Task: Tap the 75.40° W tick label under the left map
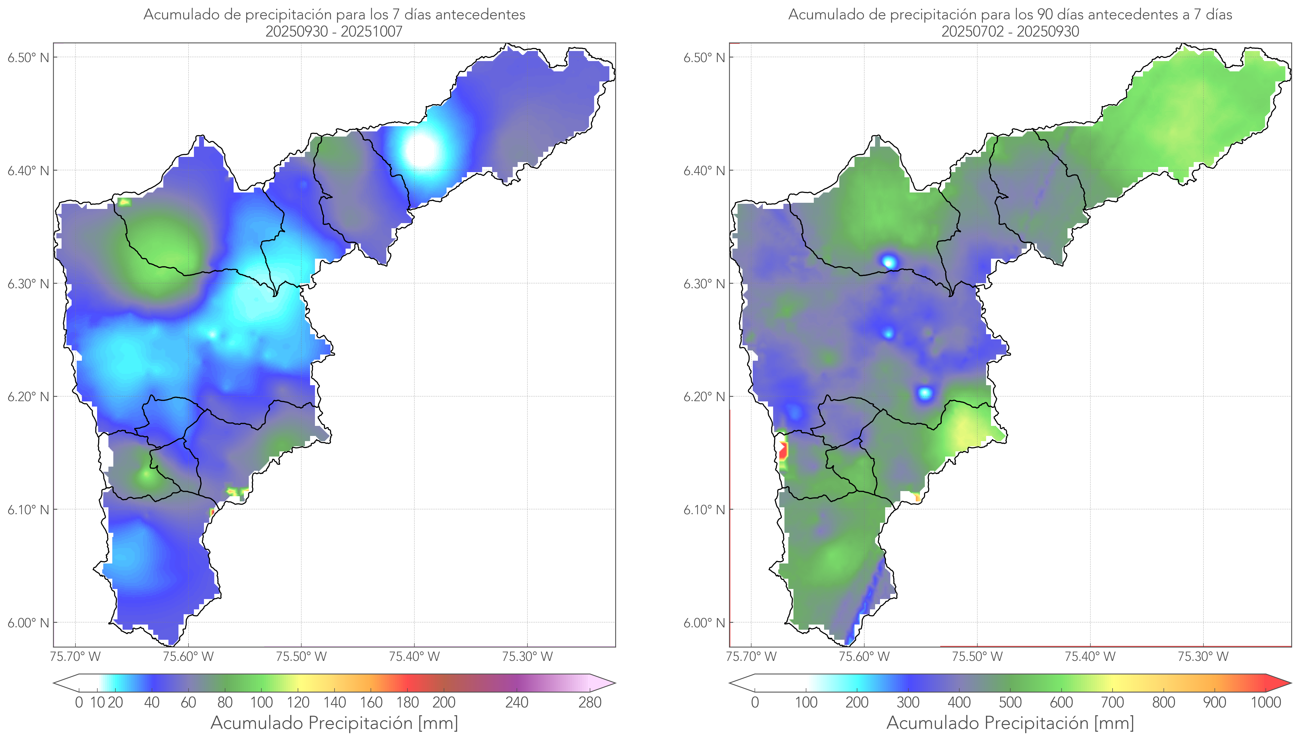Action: pyautogui.click(x=414, y=656)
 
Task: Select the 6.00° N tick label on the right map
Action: pyautogui.click(x=704, y=623)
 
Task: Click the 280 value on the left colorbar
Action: pyautogui.click(x=590, y=703)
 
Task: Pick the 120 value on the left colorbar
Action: pyautogui.click(x=298, y=703)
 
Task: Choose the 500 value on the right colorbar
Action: pyautogui.click(x=1010, y=703)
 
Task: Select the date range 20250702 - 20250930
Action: pyautogui.click(x=1010, y=31)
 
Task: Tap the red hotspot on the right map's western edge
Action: pyautogui.click(x=783, y=451)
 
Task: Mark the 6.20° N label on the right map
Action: pyautogui.click(x=704, y=397)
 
